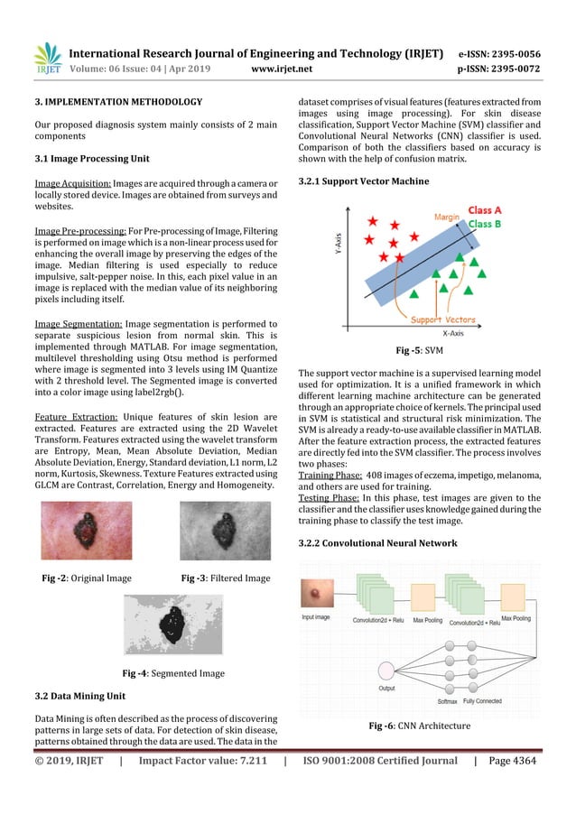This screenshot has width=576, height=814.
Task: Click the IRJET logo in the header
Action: (46, 60)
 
